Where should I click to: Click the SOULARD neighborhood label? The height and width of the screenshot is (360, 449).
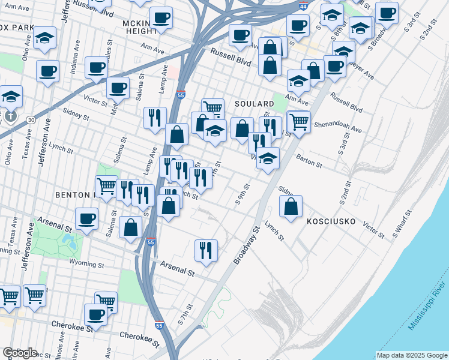coord(254,104)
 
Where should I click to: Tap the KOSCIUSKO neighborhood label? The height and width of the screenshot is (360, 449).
coord(333,221)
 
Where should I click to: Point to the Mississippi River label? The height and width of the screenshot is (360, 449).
coord(427,299)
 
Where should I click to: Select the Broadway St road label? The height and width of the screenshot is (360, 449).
coord(247,245)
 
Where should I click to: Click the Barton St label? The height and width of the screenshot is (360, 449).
coord(309,160)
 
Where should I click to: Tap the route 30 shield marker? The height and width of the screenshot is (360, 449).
coord(30,120)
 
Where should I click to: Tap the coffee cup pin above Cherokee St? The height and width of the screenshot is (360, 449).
coord(95,313)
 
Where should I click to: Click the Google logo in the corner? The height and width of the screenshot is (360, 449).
coord(20,353)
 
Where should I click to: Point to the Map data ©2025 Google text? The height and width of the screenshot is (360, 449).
coord(411,355)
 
